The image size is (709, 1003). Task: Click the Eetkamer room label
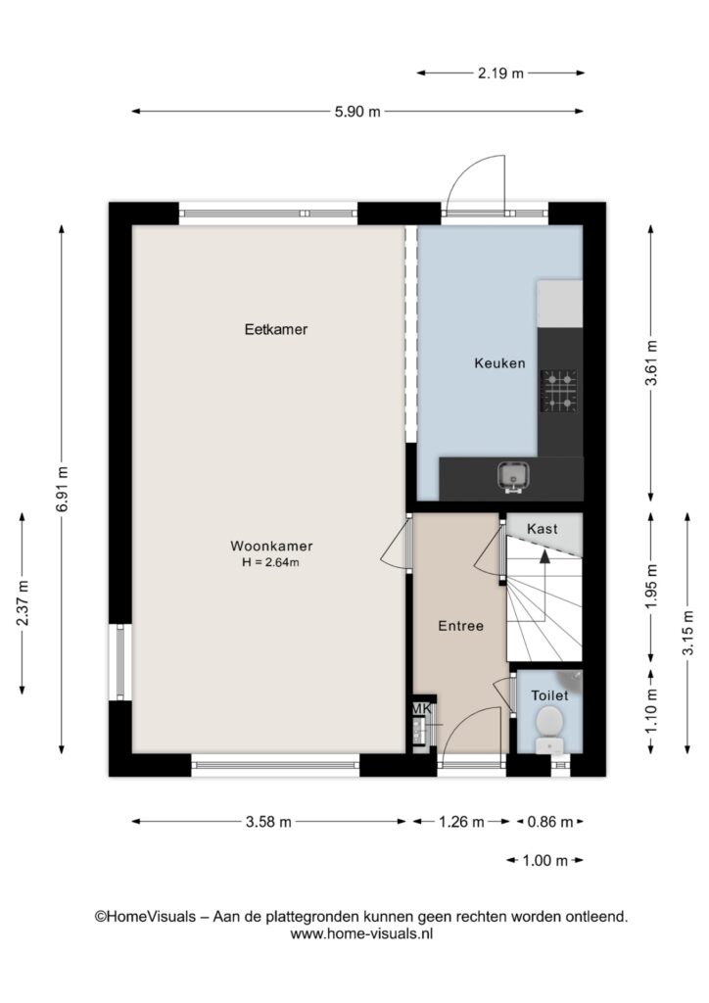pyautogui.click(x=276, y=329)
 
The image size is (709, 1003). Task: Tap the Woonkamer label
pyautogui.click(x=271, y=547)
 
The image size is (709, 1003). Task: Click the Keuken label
pyautogui.click(x=500, y=363)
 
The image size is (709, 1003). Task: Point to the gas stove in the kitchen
pyautogui.click(x=559, y=390)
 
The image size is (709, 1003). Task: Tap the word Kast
pyautogui.click(x=543, y=529)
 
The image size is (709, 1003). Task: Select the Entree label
pyautogui.click(x=460, y=626)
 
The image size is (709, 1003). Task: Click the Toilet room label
pyautogui.click(x=549, y=695)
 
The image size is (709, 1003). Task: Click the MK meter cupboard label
pyautogui.click(x=422, y=709)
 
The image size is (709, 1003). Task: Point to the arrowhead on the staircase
pyautogui.click(x=544, y=556)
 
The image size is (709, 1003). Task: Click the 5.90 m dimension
pyautogui.click(x=358, y=112)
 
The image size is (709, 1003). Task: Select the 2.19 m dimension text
pyautogui.click(x=500, y=73)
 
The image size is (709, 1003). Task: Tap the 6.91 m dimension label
pyautogui.click(x=62, y=490)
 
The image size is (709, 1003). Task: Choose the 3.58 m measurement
pyautogui.click(x=268, y=822)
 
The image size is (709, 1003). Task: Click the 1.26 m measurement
pyautogui.click(x=461, y=822)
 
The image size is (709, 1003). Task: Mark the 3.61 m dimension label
pyautogui.click(x=651, y=362)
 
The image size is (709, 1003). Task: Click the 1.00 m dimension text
pyautogui.click(x=544, y=860)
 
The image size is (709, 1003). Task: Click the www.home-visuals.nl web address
pyautogui.click(x=362, y=933)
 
